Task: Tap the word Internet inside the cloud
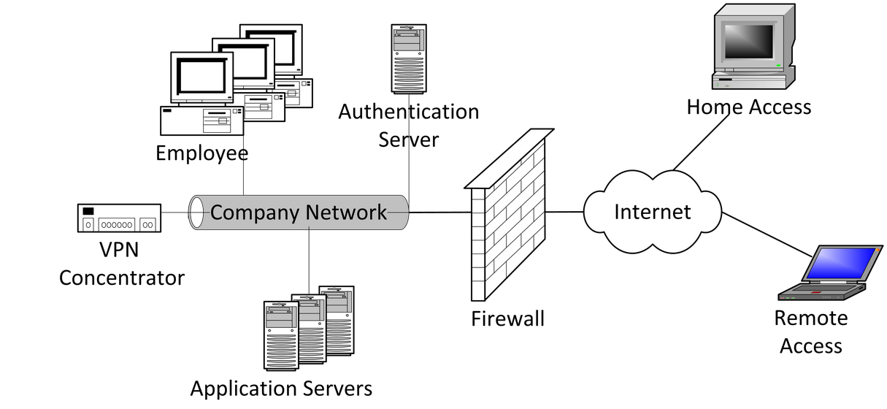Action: (652, 212)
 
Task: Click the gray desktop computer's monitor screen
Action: (747, 41)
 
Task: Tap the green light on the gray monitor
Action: (779, 66)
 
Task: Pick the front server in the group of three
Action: (281, 336)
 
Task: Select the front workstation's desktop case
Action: (201, 121)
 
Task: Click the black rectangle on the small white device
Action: (88, 211)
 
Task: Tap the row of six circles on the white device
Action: (117, 225)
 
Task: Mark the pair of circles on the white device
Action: (147, 225)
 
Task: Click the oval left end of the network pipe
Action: (196, 213)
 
